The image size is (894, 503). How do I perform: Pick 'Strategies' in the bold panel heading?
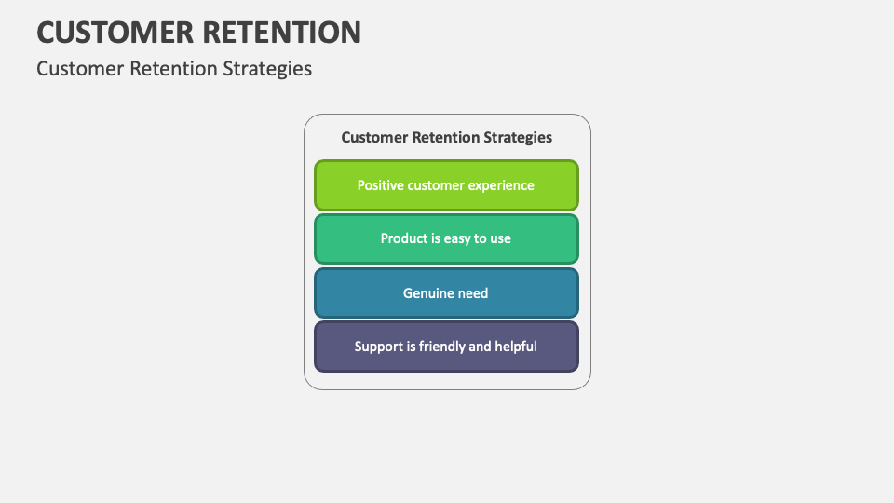[x=517, y=138]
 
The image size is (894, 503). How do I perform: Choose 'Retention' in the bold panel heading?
[x=444, y=138]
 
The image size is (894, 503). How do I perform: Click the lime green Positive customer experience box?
[x=446, y=185]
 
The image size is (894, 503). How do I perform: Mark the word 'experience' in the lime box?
[x=501, y=185]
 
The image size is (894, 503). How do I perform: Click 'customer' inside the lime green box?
[x=437, y=185]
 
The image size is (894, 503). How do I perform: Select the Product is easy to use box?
[x=446, y=239]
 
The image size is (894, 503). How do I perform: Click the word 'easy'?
[x=457, y=239]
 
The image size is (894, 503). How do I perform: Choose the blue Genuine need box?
[x=446, y=293]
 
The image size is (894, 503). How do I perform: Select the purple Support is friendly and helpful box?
[x=446, y=347]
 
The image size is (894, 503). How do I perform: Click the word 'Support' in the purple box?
[x=379, y=347]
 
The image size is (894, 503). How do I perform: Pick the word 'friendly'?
[x=441, y=347]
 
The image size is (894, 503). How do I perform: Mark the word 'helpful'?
[x=516, y=347]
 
